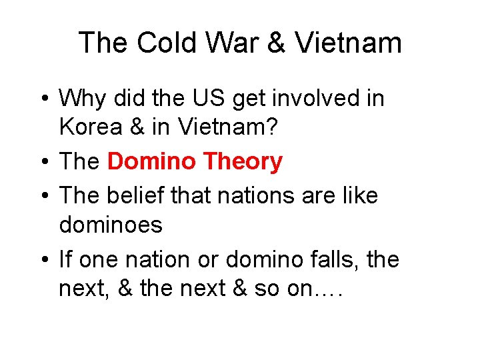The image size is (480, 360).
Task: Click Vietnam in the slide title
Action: [349, 43]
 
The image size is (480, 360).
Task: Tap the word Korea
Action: [89, 127]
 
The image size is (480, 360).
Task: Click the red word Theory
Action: [243, 161]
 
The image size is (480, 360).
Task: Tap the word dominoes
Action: [111, 225]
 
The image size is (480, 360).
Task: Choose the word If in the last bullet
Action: [65, 259]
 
